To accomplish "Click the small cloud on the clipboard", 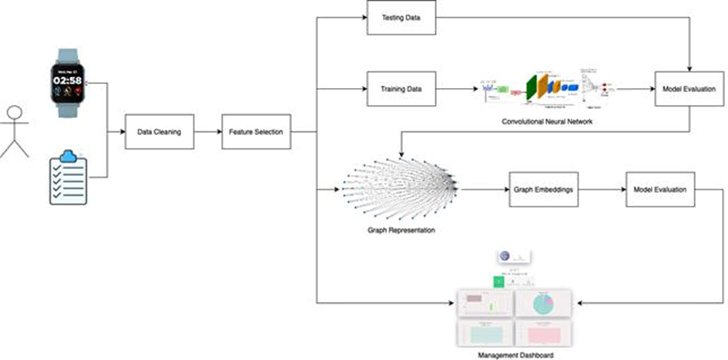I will point(69,156).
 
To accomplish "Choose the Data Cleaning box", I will point(159,132).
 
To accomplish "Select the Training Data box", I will point(401,89).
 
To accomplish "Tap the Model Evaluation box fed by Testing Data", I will point(688,89).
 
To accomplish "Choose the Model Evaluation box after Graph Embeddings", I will point(660,190).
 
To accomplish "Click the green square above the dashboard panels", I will point(499,281).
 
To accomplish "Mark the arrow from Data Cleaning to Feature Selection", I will point(207,132).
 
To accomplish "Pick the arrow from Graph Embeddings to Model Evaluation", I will point(602,190).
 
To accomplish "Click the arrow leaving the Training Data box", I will point(455,89).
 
